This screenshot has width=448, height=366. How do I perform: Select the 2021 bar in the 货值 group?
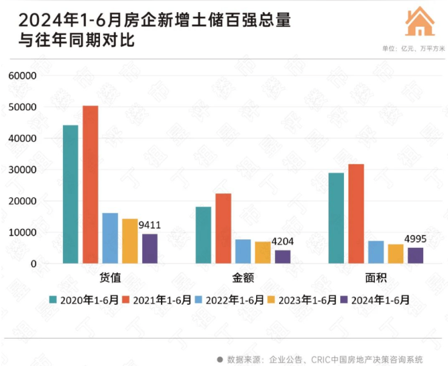pos(90,185)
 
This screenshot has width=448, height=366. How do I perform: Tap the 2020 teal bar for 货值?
pos(70,194)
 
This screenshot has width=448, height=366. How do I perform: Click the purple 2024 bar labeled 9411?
pos(150,248)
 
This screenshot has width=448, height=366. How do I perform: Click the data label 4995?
pos(415,238)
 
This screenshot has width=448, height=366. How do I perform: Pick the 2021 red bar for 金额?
pos(223,228)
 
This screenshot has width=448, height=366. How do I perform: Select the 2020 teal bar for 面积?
pos(336,218)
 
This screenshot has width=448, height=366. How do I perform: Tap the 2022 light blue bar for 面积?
pos(376,252)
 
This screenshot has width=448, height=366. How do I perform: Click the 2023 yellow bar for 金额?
pos(263,253)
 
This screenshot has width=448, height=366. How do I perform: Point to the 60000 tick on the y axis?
pos(23,76)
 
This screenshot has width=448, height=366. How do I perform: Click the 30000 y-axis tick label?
pos(23,170)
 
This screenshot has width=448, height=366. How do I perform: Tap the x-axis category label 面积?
pos(376,278)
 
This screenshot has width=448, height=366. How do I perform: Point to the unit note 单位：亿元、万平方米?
pos(411,48)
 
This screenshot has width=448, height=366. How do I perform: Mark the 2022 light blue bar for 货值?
pos(110,238)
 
